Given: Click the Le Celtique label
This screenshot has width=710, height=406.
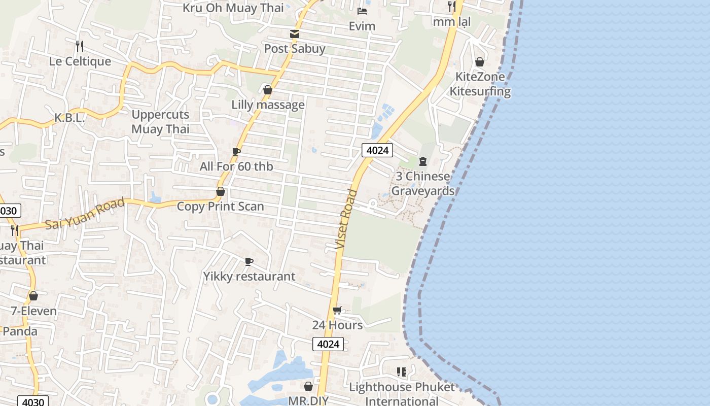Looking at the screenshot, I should [x=80, y=61].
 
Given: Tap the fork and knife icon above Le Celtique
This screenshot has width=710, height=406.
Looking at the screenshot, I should [x=80, y=46].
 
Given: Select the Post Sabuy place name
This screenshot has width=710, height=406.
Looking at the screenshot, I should [x=295, y=49].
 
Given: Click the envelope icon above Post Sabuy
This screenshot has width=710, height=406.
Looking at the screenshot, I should [x=294, y=34].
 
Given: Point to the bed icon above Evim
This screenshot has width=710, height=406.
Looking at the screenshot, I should [x=362, y=11].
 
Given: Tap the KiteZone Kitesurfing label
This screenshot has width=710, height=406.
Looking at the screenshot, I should [x=480, y=84].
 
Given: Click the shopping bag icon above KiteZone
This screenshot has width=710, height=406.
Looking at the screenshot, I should [x=480, y=62].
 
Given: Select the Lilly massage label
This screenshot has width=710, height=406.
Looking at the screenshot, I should [x=268, y=105].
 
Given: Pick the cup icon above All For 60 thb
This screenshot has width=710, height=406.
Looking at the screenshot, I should [x=236, y=151].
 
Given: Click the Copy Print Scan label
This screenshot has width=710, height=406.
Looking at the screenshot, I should [x=220, y=207].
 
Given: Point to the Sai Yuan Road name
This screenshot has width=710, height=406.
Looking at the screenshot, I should [x=85, y=214].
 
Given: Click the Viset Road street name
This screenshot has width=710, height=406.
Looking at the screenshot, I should [x=347, y=219].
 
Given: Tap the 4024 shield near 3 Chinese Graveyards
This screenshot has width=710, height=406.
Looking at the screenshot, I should [x=377, y=150].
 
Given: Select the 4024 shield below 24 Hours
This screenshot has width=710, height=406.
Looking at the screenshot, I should [x=328, y=344].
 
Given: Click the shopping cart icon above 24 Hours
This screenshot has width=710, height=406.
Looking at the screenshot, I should [x=337, y=310].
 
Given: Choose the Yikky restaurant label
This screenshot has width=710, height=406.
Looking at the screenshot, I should [x=249, y=277].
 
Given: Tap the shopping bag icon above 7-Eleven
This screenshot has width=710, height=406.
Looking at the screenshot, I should [x=33, y=296].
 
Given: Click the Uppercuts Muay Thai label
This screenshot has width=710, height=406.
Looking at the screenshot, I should [x=160, y=122].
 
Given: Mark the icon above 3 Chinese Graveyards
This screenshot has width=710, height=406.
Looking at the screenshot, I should [x=423, y=161].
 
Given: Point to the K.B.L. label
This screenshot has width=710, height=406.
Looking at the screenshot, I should [x=69, y=118].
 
